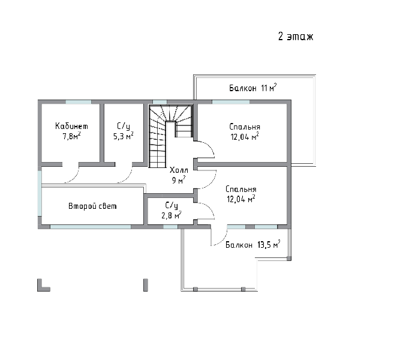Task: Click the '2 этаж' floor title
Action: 296,37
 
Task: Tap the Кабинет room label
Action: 71,125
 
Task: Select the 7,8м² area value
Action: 71,136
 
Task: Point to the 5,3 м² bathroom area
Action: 123,136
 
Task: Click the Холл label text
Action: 179,170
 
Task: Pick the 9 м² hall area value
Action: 179,180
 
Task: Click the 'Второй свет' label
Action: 92,206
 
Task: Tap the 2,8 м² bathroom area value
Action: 172,215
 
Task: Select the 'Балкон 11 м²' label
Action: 253,88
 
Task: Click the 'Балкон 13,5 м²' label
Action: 253,244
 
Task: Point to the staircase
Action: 171,136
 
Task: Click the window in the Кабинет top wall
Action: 79,102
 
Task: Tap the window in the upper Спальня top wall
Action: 231,102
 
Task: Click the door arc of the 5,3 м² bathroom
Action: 128,177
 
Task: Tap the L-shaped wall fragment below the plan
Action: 43,285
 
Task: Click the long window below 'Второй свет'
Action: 91,227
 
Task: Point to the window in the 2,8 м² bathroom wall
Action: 170,227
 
